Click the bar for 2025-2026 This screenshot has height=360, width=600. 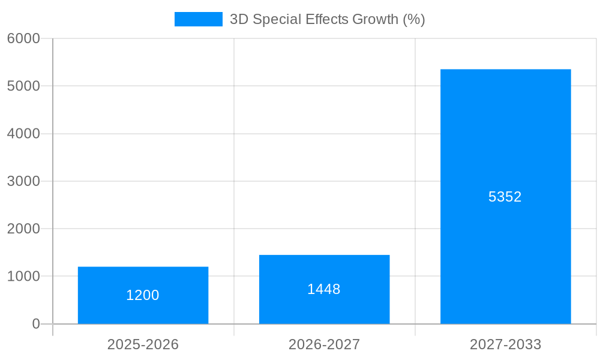tap(143, 295)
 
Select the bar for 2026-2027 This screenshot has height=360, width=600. tap(324, 289)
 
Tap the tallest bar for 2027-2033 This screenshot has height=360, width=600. tap(505, 197)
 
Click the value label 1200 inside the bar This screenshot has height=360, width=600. tap(143, 295)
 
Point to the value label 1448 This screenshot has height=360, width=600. tap(324, 289)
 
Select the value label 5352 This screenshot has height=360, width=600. tap(505, 197)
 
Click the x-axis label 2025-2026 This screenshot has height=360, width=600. tap(143, 344)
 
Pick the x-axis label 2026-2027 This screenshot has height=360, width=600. tap(324, 344)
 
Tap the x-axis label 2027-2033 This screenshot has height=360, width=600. tap(505, 344)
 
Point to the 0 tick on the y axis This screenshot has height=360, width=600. tap(35, 324)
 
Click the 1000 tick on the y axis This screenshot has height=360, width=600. tap(23, 277)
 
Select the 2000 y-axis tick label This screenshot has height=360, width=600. tap(23, 229)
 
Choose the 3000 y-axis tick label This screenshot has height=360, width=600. tap(23, 181)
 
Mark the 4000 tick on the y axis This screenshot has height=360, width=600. tap(23, 134)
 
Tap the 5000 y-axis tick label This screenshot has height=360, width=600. tap(23, 86)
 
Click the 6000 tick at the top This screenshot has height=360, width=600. tap(23, 38)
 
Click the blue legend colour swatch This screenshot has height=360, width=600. tap(198, 19)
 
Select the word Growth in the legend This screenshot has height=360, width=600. tap(375, 19)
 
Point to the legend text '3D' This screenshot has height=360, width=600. tap(239, 19)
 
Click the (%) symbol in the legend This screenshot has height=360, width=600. tap(414, 19)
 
